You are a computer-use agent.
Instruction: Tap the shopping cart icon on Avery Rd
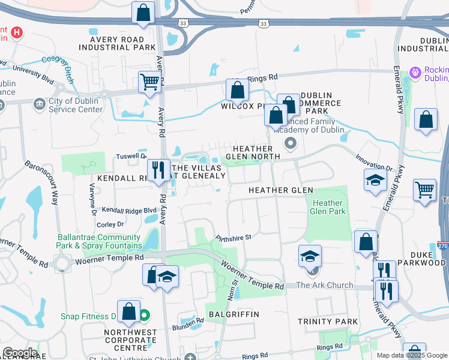pyautogui.click(x=149, y=82)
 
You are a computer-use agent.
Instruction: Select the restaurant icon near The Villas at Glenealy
pyautogui.click(x=157, y=169)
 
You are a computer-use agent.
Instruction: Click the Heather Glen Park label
pyautogui.click(x=328, y=208)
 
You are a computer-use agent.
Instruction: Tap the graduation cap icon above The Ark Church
pyautogui.click(x=310, y=256)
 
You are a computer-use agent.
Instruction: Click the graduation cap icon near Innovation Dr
pyautogui.click(x=375, y=179)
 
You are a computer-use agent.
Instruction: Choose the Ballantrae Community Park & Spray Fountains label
pyautogui.click(x=100, y=241)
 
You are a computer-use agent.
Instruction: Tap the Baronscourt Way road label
pyautogui.click(x=41, y=182)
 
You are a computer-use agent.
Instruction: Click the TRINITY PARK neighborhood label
pyautogui.click(x=328, y=322)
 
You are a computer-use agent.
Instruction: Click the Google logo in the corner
pyautogui.click(x=19, y=352)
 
